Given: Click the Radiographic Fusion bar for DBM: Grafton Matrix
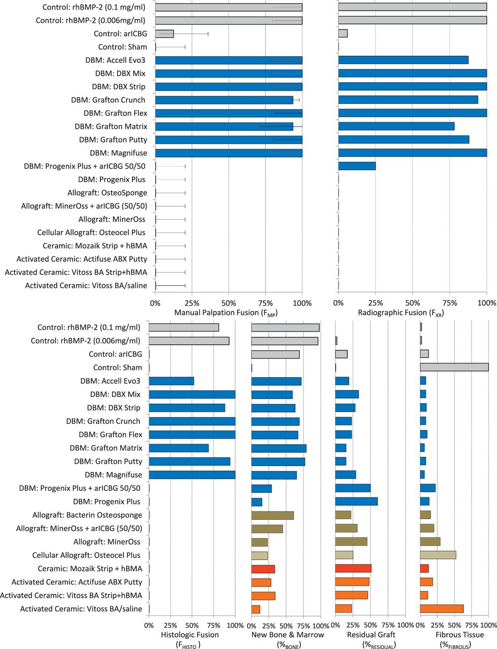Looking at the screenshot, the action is tap(396, 126).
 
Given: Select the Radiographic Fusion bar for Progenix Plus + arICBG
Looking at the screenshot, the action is tap(357, 166).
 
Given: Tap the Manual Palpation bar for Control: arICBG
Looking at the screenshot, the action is tap(164, 33).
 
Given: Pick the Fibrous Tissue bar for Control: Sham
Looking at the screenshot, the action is tap(454, 367).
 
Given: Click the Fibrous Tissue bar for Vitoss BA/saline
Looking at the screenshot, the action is tap(441, 608).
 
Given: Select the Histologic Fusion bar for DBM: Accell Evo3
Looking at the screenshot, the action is tap(172, 381).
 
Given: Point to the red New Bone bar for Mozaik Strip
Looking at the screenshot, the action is tap(263, 569).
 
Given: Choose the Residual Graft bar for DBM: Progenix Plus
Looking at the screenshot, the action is tap(356, 501).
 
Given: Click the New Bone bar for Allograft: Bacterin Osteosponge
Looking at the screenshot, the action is tap(273, 515).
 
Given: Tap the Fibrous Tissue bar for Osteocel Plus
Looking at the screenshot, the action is tap(438, 555).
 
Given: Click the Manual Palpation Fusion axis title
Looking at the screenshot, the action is tap(226, 313).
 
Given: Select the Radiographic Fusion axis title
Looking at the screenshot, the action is tap(401, 313).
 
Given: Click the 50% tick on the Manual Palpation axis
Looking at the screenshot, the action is tap(228, 303).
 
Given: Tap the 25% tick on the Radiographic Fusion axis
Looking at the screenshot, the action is tap(375, 303).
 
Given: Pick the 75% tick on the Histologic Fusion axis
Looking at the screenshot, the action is tap(214, 625).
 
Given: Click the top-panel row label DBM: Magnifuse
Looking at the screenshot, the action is tap(119, 153).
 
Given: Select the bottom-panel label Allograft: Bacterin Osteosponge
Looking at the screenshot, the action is tap(87, 515).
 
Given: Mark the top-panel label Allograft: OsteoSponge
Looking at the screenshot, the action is tap(107, 193).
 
